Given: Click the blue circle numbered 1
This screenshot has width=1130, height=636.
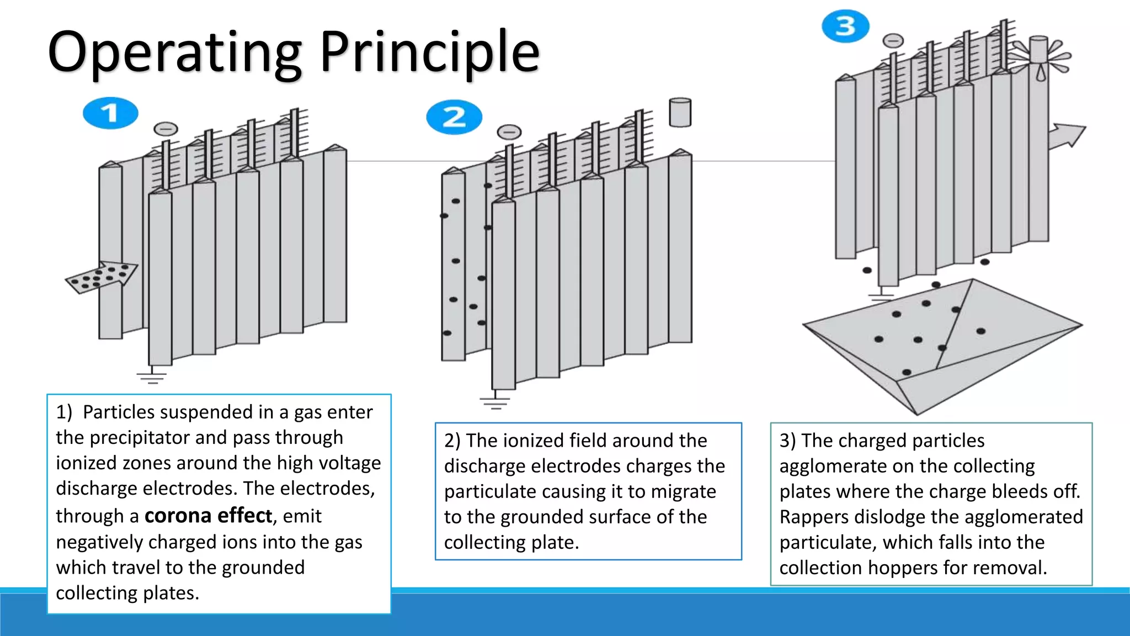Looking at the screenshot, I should pyautogui.click(x=110, y=113).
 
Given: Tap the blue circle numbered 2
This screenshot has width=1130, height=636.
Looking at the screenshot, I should pyautogui.click(x=454, y=117).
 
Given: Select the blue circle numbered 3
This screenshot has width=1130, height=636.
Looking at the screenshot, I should pyautogui.click(x=845, y=26).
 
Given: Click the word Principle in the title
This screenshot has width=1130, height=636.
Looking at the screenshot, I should pyautogui.click(x=429, y=52).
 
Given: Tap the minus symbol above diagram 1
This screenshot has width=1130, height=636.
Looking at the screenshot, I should pyautogui.click(x=166, y=129).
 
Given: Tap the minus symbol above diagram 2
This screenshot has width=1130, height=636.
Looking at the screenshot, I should pyautogui.click(x=509, y=132).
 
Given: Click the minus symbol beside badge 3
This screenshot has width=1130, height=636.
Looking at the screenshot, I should pyautogui.click(x=893, y=41).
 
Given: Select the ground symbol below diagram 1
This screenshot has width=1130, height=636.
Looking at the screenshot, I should pyautogui.click(x=152, y=377).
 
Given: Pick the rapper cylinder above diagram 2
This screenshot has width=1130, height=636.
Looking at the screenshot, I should pyautogui.click(x=680, y=113).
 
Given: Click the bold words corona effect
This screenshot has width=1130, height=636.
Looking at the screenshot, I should pyautogui.click(x=208, y=516).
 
